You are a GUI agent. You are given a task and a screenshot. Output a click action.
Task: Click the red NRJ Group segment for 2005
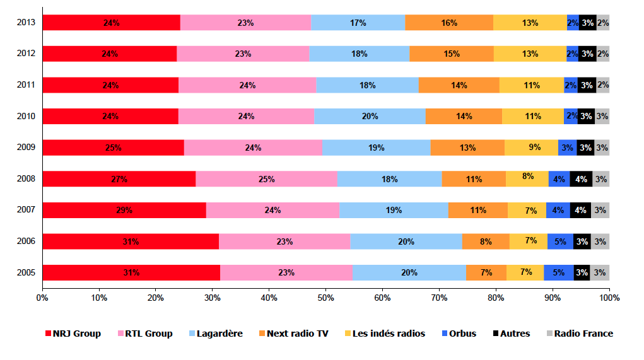[131, 272]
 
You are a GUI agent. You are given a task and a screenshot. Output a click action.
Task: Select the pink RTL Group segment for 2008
[266, 179]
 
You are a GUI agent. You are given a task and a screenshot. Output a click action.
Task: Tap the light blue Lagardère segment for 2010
[370, 116]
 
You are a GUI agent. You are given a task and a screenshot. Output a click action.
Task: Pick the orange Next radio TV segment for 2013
[449, 23]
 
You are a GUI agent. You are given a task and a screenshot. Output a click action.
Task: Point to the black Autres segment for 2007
[580, 210]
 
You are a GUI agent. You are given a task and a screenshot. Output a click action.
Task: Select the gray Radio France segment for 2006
[600, 241]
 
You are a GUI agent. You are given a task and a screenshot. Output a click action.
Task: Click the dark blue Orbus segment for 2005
[559, 272]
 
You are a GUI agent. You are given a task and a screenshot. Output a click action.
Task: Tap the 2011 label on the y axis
[26, 85]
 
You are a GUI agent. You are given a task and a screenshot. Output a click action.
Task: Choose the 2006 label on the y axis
[26, 241]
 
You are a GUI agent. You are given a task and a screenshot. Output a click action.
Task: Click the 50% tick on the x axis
[325, 297]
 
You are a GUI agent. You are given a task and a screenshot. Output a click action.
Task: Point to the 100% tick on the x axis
[609, 297]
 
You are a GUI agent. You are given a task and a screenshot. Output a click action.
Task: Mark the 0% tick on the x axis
[42, 297]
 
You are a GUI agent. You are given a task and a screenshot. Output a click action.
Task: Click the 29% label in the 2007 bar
[124, 210]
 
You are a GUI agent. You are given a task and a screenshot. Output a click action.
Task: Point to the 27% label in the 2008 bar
[119, 179]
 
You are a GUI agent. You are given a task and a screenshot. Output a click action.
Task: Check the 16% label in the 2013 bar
[449, 23]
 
